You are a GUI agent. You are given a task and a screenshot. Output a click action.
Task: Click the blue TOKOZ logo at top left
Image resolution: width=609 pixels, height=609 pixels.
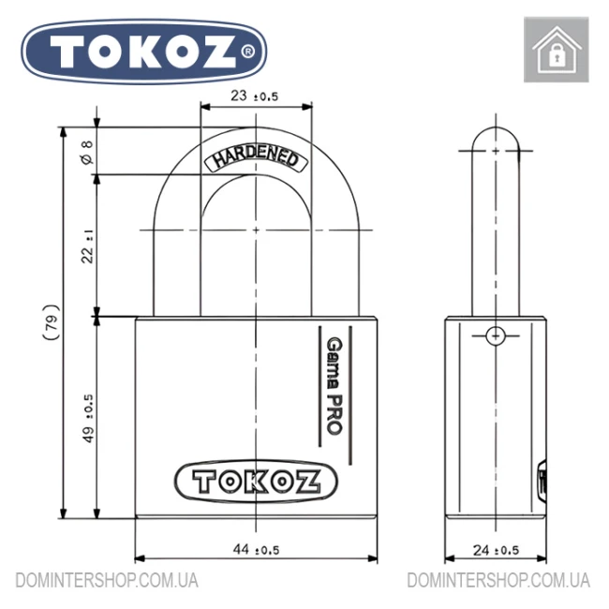[x=143, y=52]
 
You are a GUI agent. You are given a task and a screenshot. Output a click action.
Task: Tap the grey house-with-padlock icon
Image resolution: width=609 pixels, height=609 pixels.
[x=557, y=50]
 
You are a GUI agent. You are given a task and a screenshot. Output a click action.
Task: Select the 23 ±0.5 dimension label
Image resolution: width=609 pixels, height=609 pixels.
[x=255, y=96]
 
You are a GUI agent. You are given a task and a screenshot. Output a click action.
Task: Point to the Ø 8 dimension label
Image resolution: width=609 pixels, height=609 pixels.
[x=88, y=152]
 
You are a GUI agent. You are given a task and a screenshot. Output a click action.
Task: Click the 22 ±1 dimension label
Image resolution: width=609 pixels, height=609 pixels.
[x=88, y=246]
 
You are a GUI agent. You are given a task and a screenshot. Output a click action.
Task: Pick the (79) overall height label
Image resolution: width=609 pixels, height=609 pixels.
[x=52, y=322]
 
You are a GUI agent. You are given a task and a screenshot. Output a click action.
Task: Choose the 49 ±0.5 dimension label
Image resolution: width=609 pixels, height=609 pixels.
[x=88, y=418]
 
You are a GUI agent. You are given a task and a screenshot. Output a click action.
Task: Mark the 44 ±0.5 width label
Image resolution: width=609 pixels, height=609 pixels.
[x=256, y=549]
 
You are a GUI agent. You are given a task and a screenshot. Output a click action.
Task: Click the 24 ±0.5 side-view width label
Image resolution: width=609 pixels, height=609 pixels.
[x=496, y=550]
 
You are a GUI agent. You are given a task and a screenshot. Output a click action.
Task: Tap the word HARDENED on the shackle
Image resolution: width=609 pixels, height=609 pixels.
[x=256, y=158]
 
